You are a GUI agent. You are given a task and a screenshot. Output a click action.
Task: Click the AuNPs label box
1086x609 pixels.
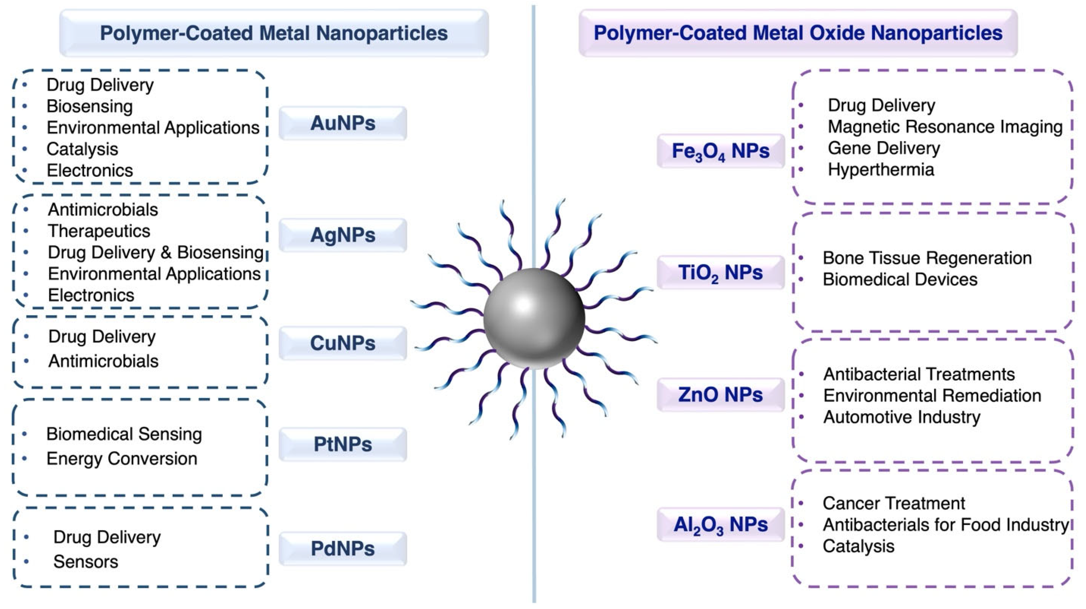point(343,123)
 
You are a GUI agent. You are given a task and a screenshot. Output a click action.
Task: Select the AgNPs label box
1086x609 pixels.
point(343,235)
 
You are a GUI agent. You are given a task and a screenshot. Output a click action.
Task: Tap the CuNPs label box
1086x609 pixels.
point(343,343)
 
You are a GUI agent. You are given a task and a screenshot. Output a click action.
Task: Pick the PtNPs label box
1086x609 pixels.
point(343,444)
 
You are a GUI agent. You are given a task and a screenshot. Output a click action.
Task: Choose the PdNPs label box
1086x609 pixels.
point(343,549)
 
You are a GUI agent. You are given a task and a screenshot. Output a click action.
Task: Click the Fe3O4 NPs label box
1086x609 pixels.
point(720,151)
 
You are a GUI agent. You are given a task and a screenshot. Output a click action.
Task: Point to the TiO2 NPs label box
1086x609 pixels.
point(720,272)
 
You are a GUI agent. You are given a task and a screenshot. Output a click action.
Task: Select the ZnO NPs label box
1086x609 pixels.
point(720,394)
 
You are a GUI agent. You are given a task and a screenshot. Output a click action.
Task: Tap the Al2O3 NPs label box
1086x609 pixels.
point(720,524)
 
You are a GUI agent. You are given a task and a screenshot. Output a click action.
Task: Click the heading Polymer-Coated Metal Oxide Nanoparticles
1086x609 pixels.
point(798,33)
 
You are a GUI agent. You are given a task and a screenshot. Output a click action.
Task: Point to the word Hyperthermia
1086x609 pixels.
point(881,170)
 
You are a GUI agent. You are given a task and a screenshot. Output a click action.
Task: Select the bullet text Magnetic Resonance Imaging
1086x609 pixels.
point(945,126)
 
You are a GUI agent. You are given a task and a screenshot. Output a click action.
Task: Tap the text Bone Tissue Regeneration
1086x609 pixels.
point(927,258)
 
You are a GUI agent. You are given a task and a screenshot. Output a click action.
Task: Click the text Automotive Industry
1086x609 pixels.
point(901,417)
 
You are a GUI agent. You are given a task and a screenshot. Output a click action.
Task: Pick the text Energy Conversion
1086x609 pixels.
point(122,459)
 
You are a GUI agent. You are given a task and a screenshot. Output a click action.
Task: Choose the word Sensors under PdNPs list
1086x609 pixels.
point(86,561)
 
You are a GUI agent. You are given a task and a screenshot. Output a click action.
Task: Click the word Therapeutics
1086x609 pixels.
point(99,231)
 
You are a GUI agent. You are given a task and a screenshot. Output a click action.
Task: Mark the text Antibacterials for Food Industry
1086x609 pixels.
point(946,525)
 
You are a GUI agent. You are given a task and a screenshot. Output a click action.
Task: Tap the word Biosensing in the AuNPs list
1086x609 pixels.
point(89,106)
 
